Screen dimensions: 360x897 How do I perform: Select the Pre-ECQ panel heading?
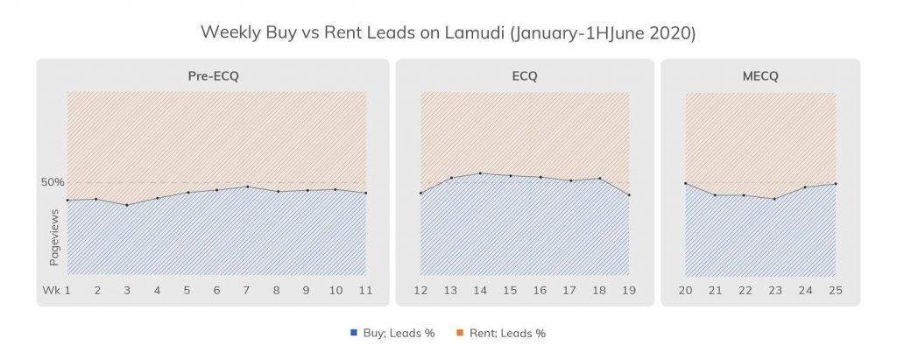[x=213, y=76]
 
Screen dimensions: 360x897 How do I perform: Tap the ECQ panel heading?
[x=525, y=76]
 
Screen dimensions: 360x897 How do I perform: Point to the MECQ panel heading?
[x=760, y=76]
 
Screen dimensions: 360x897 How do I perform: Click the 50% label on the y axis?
[x=53, y=182]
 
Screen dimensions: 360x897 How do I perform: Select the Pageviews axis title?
[x=53, y=237]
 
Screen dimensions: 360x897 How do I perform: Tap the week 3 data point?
[x=127, y=205]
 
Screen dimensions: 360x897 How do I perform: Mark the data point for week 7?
[x=248, y=187]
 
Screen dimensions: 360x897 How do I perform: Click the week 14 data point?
[x=480, y=173]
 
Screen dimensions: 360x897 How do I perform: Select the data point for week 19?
[x=629, y=194]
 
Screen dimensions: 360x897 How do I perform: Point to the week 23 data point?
[x=774, y=199]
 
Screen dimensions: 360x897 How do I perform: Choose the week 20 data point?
[x=685, y=183]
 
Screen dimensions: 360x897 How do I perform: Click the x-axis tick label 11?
[x=366, y=289]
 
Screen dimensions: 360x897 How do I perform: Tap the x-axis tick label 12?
[x=421, y=289]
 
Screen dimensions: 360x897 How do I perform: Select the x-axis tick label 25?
[x=835, y=289]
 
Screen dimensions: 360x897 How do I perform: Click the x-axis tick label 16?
[x=540, y=289]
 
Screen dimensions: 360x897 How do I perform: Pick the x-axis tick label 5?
[x=187, y=289]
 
